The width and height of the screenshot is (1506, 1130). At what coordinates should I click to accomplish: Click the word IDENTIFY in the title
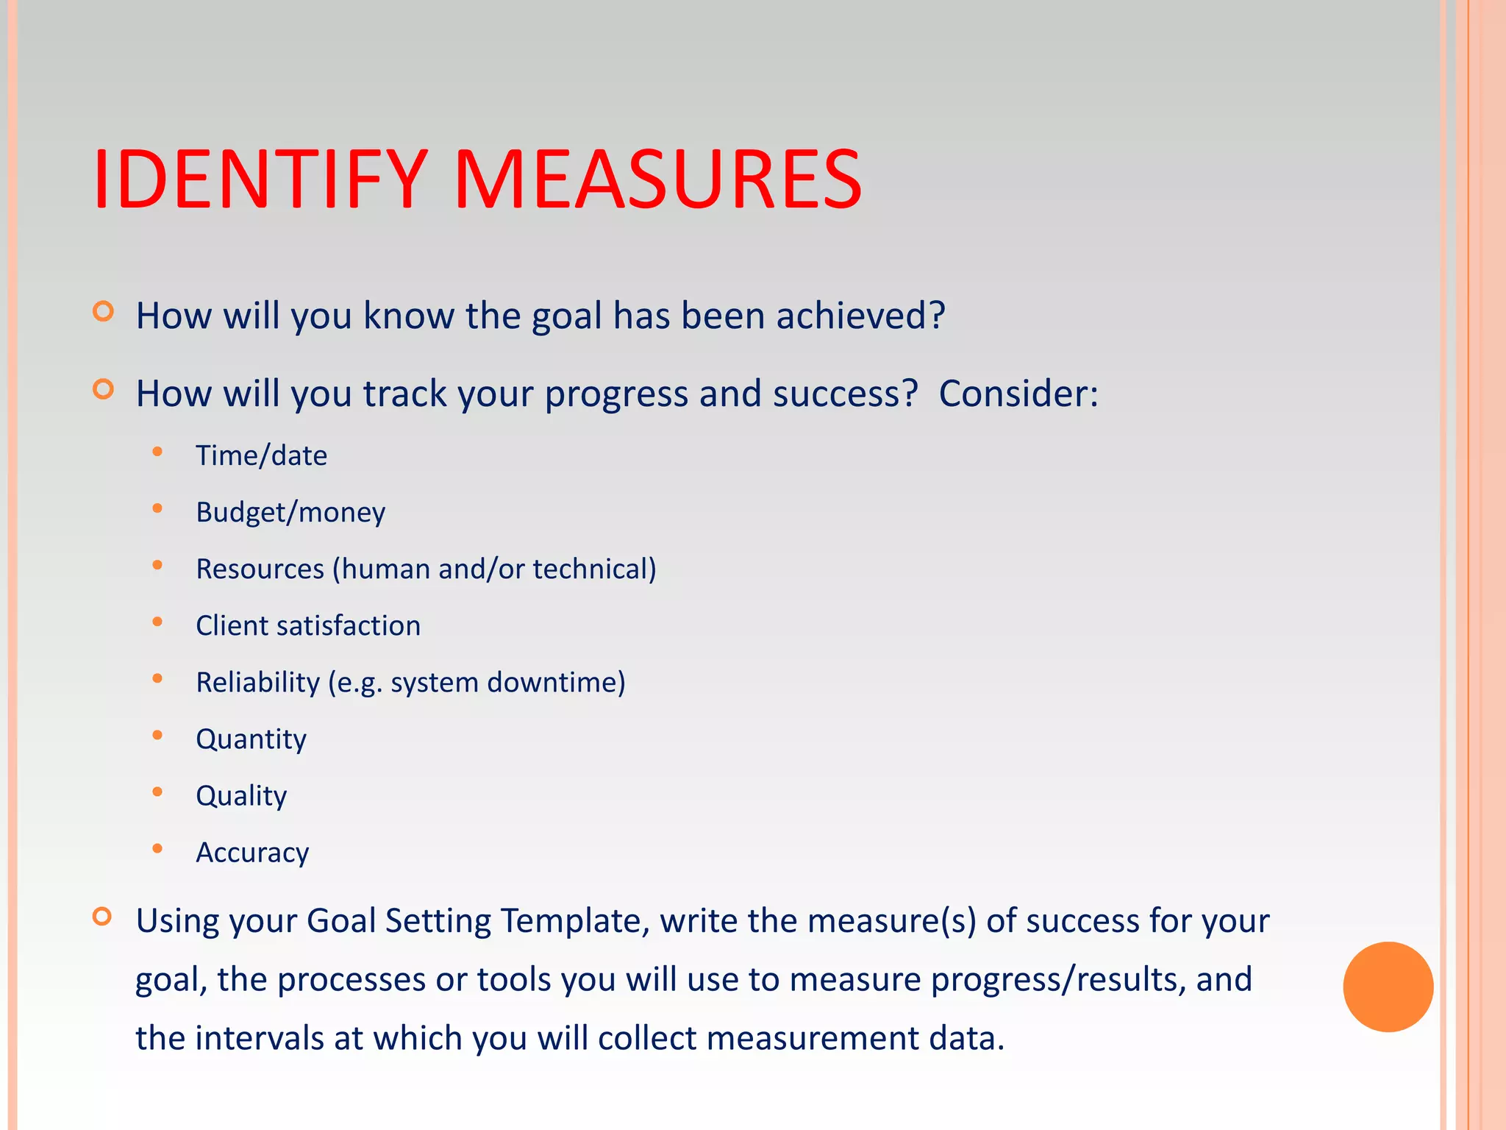pyautogui.click(x=260, y=180)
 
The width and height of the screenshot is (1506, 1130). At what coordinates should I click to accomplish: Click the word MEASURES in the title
pyautogui.click(x=657, y=180)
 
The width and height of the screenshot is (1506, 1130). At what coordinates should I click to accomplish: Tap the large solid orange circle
pyautogui.click(x=1388, y=987)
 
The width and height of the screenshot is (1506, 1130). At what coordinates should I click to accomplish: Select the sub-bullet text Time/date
pyautogui.click(x=261, y=456)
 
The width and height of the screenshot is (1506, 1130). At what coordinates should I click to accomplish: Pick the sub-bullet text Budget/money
pyautogui.click(x=290, y=513)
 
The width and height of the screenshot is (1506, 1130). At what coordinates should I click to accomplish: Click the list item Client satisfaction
pyautogui.click(x=308, y=626)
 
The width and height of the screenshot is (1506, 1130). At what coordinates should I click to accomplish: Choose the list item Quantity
pyautogui.click(x=251, y=739)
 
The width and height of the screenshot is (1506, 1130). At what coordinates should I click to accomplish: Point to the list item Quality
pyautogui.click(x=241, y=796)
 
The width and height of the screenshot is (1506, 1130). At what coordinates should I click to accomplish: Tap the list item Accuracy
pyautogui.click(x=252, y=853)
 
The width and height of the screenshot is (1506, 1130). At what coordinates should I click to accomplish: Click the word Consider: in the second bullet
pyautogui.click(x=1018, y=394)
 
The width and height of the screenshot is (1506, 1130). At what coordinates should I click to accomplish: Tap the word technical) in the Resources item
pyautogui.click(x=594, y=569)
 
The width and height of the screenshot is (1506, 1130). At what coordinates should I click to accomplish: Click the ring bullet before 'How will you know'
pyautogui.click(x=104, y=312)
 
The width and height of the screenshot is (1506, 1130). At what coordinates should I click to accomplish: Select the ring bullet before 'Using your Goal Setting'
pyautogui.click(x=103, y=917)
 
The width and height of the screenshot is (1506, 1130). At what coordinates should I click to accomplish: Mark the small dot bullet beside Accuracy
pyautogui.click(x=157, y=849)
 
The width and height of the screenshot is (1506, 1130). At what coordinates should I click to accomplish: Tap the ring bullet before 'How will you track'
pyautogui.click(x=104, y=389)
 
